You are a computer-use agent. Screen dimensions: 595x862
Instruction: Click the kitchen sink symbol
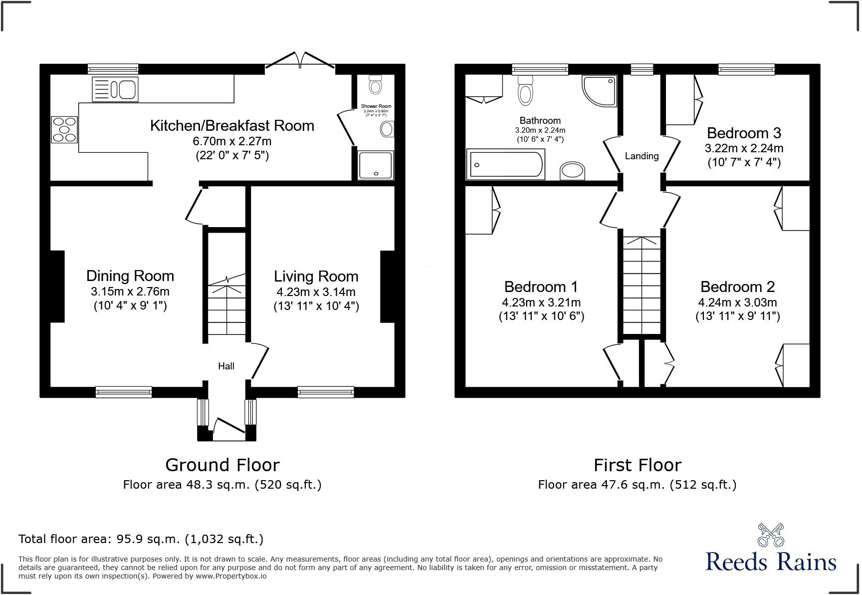click(x=115, y=90)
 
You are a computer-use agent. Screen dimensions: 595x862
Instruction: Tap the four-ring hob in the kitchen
click(x=64, y=129)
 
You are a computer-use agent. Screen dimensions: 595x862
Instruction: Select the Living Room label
click(x=316, y=276)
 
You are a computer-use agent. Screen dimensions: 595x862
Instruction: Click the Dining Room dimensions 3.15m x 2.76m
click(x=130, y=292)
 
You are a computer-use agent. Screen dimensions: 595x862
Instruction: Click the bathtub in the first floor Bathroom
click(x=505, y=164)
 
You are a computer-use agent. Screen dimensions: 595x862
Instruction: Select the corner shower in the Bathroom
click(x=600, y=90)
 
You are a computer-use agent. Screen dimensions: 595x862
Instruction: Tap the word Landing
click(x=642, y=156)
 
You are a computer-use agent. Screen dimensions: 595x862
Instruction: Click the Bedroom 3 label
click(x=743, y=133)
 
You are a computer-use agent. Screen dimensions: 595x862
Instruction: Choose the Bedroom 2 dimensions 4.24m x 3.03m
click(x=737, y=302)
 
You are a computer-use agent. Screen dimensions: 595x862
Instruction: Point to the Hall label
click(x=226, y=366)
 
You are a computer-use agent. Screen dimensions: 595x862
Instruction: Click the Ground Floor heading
click(x=222, y=465)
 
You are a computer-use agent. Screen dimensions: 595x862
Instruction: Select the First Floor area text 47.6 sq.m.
click(x=637, y=484)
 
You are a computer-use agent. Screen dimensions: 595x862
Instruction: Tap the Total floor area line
click(x=141, y=539)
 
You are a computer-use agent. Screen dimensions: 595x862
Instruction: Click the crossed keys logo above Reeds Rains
click(x=771, y=535)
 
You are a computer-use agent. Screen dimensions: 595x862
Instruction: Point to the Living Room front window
click(x=325, y=392)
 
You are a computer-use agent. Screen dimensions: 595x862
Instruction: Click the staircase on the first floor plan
click(x=641, y=285)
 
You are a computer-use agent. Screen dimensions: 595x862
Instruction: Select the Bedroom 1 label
click(x=541, y=287)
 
